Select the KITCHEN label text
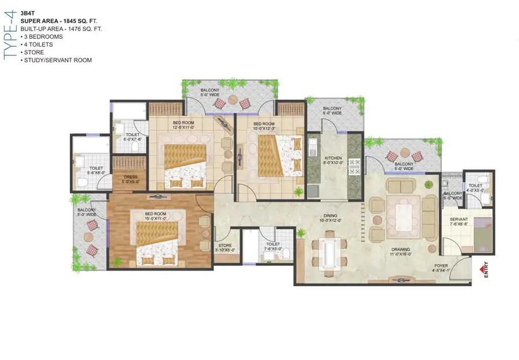pos(333,158)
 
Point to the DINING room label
pos(331,217)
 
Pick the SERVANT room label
pos(458,219)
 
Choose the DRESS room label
pos(130,178)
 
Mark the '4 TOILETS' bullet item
pos(39,44)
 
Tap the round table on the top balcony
pos(232,99)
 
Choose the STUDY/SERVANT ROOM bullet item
pos(56,60)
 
